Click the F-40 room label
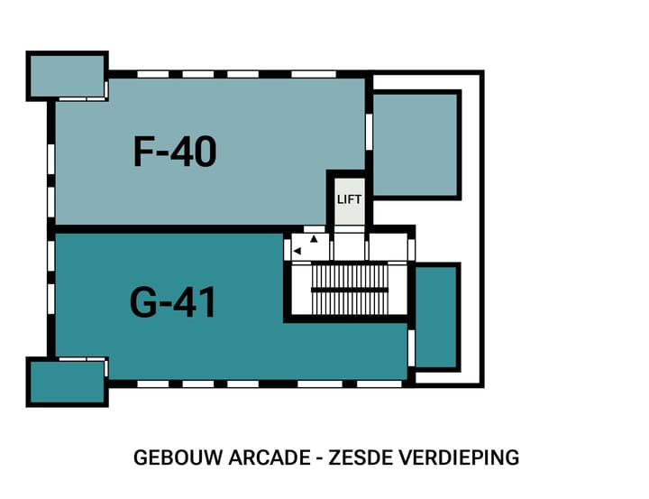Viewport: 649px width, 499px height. click(175, 152)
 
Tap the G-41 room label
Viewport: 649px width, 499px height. click(174, 302)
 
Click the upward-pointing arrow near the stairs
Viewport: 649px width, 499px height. click(314, 239)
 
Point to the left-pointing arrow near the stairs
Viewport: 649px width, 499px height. click(297, 252)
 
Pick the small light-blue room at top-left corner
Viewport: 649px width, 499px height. click(67, 77)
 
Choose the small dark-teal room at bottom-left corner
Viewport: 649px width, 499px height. click(67, 382)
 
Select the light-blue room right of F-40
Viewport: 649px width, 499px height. click(416, 144)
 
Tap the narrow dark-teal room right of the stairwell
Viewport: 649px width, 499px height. click(436, 316)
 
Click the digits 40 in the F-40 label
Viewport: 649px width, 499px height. click(194, 152)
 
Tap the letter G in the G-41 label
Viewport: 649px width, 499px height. click(143, 302)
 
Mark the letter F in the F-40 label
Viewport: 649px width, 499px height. click(145, 152)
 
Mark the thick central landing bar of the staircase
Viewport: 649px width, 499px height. click(349, 290)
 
